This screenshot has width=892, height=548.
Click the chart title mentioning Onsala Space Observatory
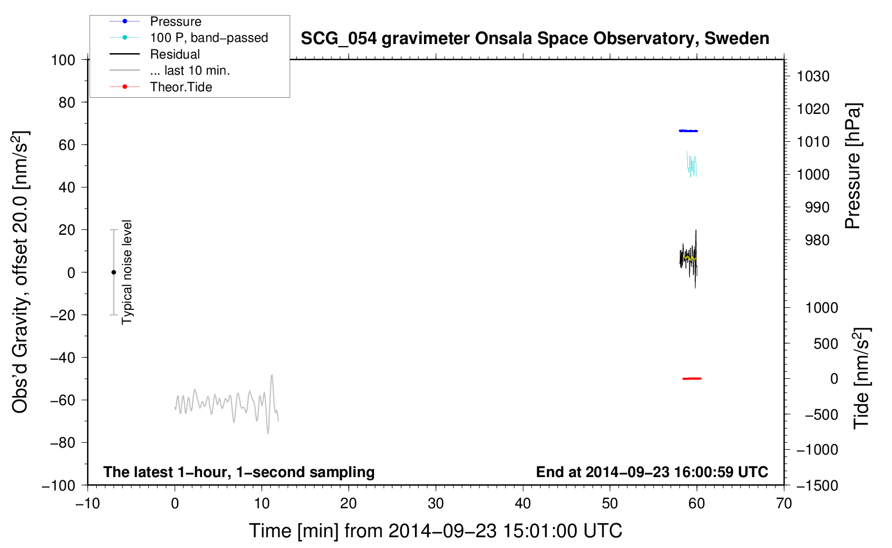pos(535,39)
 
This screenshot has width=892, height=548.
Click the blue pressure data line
pos(688,131)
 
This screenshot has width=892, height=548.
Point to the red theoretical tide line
pos(692,378)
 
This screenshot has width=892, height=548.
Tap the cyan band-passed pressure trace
pos(692,164)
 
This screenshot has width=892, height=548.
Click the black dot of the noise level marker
pos(113,272)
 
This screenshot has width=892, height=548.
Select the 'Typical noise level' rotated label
pos(127,272)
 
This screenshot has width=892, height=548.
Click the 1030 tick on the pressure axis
pos(813,76)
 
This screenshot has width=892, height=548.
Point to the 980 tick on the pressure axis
pos(817,240)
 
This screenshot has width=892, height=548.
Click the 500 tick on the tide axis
pos(825,343)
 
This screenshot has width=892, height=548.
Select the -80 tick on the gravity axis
pos(62,443)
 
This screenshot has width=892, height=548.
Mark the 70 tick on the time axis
pos(783,503)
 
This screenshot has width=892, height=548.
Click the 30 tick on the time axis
pos(436,503)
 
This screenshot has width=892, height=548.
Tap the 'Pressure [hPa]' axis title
pos(853,166)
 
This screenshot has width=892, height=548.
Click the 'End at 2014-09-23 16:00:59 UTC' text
pos(652,472)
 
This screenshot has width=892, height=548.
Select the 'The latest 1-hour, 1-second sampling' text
pos(239,472)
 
